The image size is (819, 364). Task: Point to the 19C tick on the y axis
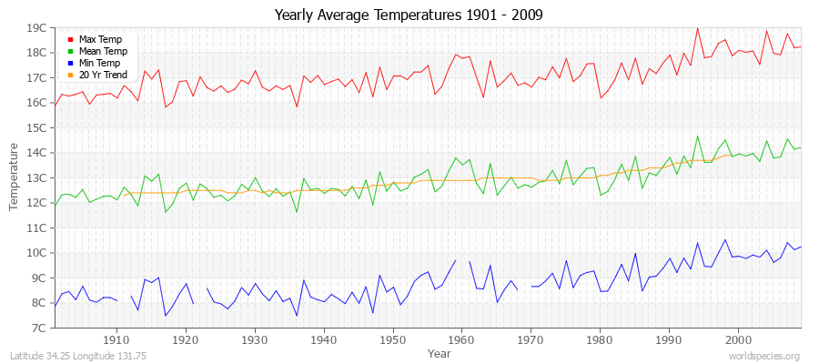(x=36, y=27)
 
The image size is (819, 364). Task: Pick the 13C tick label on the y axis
(x=36, y=177)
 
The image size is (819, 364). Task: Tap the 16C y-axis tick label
(x=36, y=103)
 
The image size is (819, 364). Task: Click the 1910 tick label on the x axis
(x=116, y=339)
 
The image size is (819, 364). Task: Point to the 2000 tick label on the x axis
(x=738, y=339)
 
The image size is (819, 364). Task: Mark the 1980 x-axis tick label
(x=600, y=339)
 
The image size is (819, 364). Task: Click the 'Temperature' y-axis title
(x=14, y=177)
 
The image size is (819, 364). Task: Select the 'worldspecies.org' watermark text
(x=763, y=356)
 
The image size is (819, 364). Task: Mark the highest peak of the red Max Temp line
(x=697, y=27)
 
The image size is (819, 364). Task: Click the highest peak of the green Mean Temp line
(x=697, y=136)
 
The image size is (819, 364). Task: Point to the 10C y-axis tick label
(x=36, y=253)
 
